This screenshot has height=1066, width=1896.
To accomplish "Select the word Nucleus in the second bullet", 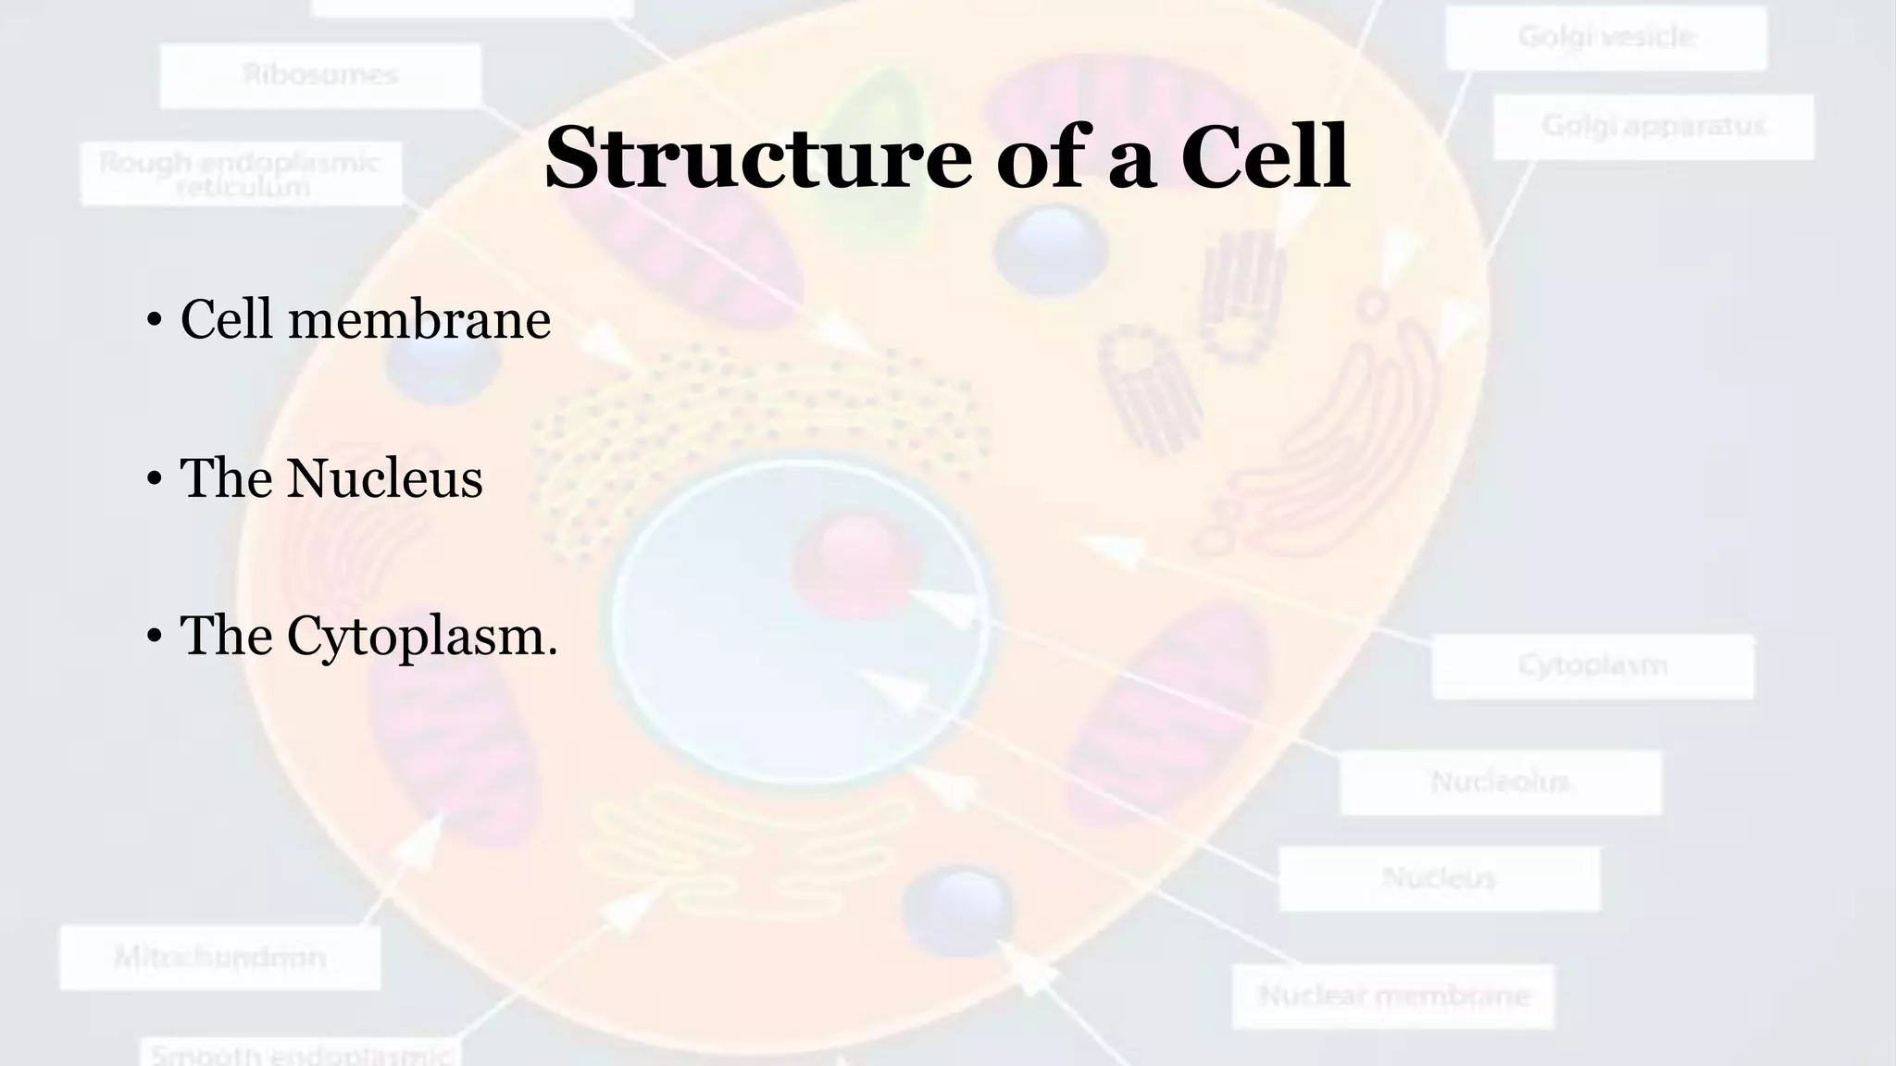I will click(x=383, y=479).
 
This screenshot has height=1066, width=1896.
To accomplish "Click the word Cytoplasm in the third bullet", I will click(x=421, y=637).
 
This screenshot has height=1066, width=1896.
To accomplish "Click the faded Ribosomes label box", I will click(x=320, y=76).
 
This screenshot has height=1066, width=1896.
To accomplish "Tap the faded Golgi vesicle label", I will click(x=1606, y=37).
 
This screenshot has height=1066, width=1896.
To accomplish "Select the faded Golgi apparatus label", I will click(x=1653, y=126).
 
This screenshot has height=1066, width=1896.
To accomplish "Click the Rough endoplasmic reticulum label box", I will click(x=241, y=174).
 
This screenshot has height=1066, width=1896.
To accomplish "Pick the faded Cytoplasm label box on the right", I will click(x=1592, y=666).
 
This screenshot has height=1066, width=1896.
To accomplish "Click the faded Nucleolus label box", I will click(x=1500, y=783).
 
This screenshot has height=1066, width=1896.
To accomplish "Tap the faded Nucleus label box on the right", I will click(x=1439, y=878).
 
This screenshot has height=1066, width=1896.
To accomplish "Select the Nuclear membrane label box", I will click(x=1392, y=997).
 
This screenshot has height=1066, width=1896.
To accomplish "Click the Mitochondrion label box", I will click(x=220, y=958).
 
